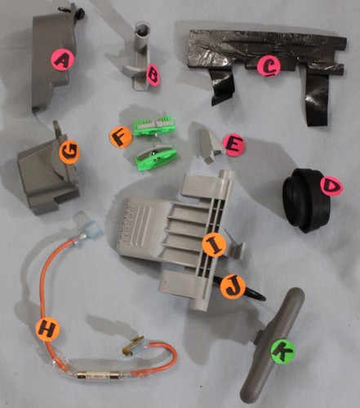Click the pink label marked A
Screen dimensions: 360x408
click(x=63, y=60)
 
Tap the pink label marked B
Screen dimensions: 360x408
click(x=153, y=75)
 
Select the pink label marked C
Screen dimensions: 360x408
click(x=269, y=67)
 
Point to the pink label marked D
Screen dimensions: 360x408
click(x=331, y=186)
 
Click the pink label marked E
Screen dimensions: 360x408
click(x=233, y=145)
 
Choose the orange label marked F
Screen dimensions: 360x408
click(x=121, y=137)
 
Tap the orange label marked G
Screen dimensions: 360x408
click(x=69, y=152)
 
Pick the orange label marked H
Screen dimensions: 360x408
click(x=47, y=330)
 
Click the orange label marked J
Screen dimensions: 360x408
click(x=233, y=287)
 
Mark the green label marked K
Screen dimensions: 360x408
click(x=282, y=351)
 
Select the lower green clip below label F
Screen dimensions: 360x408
click(x=157, y=157)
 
